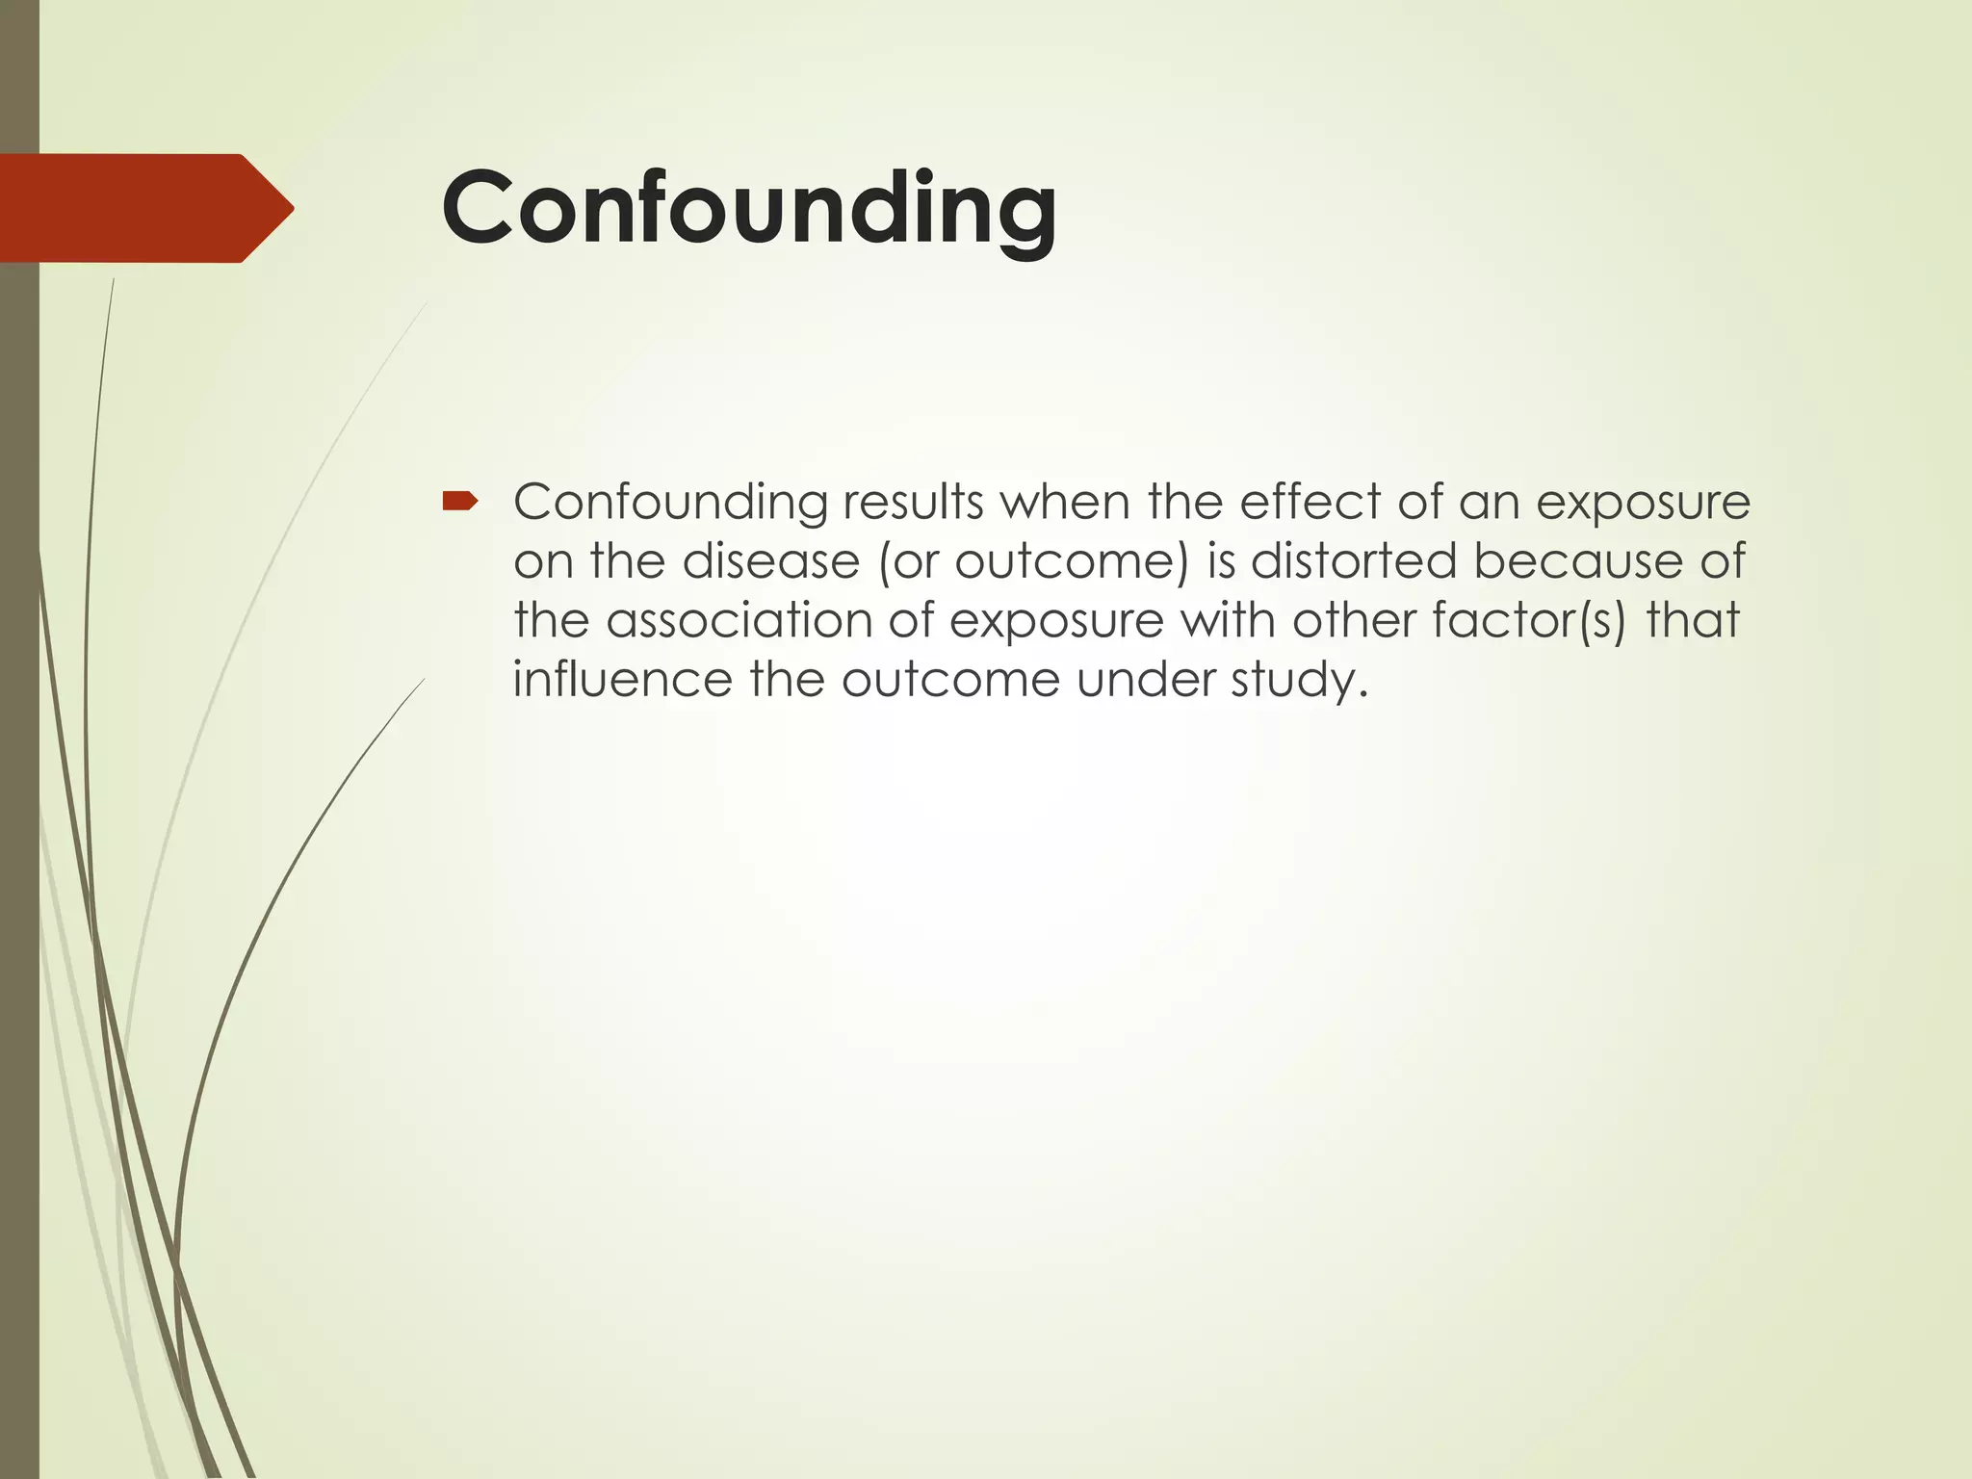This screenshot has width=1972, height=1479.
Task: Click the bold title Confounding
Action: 749,209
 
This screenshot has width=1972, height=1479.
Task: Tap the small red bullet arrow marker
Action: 459,500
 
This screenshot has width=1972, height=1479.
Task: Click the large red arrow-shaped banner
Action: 144,208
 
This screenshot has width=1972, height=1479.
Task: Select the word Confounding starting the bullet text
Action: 669,503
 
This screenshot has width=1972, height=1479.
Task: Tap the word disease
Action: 770,562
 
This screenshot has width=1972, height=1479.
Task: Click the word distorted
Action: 1354,562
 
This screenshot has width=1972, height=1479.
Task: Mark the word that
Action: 1693,621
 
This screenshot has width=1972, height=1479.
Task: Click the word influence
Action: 622,681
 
